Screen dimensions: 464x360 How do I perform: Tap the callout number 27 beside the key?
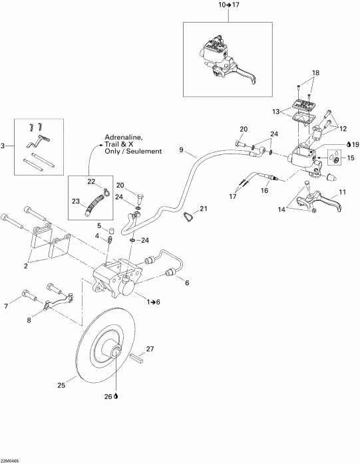coord(150,349)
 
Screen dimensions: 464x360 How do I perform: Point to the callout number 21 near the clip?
coord(204,209)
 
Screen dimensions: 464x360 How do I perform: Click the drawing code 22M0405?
coord(11,459)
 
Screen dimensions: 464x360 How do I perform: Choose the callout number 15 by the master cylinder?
coord(351,158)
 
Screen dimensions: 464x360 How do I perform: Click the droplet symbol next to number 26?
coord(117,396)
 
